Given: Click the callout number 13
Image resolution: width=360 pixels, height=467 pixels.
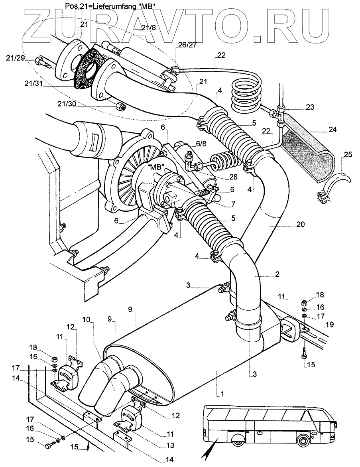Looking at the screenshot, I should coord(170,444).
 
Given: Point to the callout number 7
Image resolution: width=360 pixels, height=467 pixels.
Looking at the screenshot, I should coord(233,204).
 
